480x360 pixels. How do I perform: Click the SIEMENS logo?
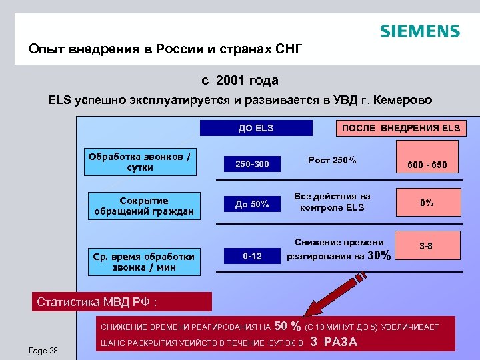coord(419,31)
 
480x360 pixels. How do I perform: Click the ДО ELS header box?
coord(256,128)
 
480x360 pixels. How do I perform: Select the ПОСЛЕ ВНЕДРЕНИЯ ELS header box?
coord(401,128)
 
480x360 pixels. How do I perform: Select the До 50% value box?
coord(252,205)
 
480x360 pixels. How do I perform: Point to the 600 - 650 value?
coord(427,165)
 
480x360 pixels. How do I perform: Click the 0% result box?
coord(427,203)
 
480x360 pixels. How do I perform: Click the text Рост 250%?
coord(332,160)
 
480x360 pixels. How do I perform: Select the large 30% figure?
coord(379,255)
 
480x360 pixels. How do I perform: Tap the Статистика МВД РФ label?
coord(97,302)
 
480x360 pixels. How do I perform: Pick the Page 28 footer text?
coord(44,351)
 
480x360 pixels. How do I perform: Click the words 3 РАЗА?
coord(334,343)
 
